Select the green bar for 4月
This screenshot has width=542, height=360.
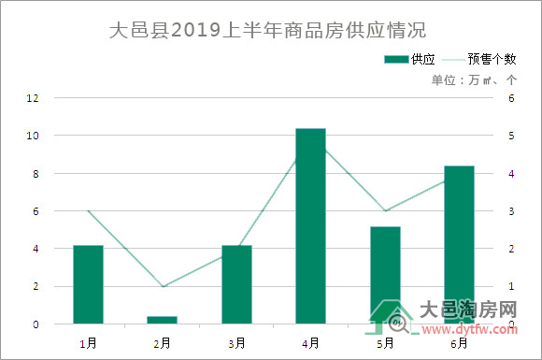tap(310, 226)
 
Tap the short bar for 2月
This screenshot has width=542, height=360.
tap(162, 320)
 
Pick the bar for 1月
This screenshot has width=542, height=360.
tap(88, 284)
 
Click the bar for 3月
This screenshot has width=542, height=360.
tap(236, 284)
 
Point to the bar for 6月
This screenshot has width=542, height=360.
tap(459, 245)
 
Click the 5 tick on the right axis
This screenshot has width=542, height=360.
tap(510, 136)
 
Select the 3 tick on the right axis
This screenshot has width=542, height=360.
tap(510, 211)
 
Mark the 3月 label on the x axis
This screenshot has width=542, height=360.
tap(236, 343)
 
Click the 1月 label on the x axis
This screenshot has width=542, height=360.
tap(88, 343)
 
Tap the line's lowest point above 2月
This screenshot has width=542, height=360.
tap(162, 286)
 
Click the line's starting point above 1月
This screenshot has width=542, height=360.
tap(88, 211)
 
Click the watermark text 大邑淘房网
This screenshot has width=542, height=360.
tap(467, 310)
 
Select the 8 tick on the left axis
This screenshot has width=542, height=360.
tap(36, 174)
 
